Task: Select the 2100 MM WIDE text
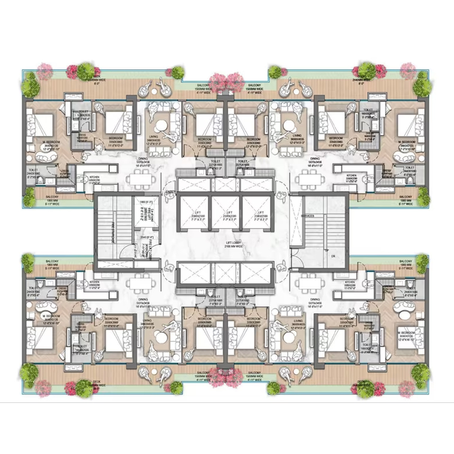pyautogui.click(x=227, y=246)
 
